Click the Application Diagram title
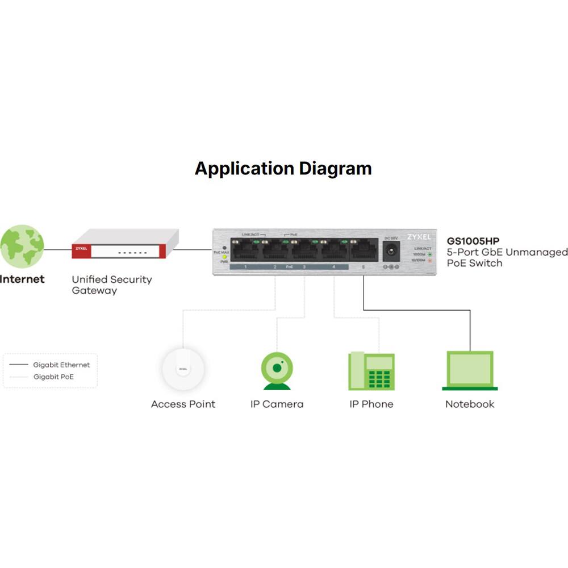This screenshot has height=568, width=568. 283,169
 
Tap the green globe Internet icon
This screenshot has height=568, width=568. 22,246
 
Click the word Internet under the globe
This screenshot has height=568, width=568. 22,279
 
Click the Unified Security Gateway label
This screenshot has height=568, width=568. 111,285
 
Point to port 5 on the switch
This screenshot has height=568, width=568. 364,250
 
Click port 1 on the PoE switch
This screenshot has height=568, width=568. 244,250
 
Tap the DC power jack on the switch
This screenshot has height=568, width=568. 391,250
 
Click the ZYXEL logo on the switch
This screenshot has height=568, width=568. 419,236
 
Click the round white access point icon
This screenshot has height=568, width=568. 183,369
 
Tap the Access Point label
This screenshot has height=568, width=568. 183,404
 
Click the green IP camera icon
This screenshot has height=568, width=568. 277,371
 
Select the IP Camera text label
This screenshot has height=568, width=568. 277,404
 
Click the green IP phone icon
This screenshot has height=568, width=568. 371,371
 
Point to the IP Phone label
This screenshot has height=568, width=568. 371,404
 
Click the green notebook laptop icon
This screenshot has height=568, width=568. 470,371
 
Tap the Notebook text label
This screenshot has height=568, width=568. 470,404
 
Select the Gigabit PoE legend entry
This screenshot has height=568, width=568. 53,377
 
